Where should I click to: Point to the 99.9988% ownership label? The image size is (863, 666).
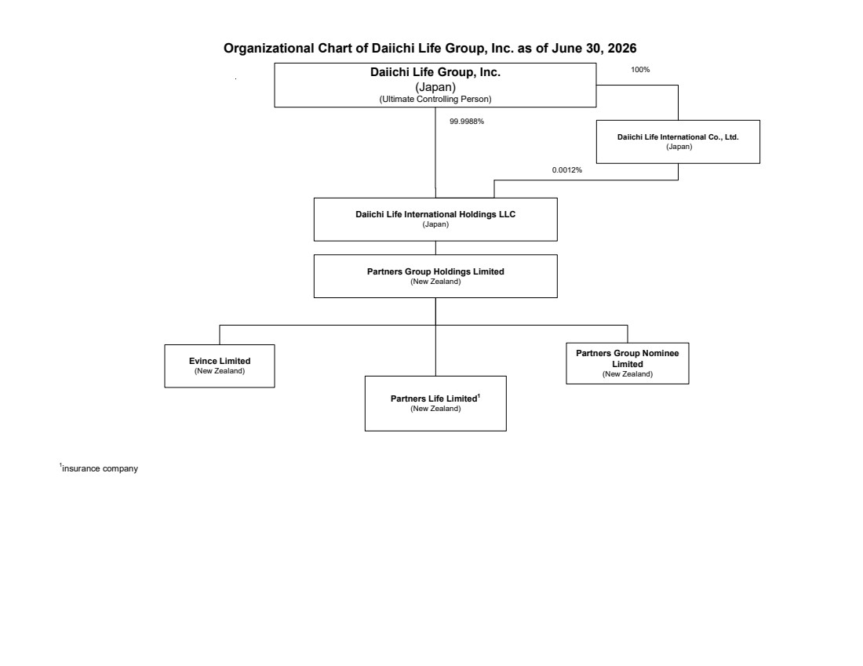pos(467,122)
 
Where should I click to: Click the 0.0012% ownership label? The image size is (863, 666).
pos(567,170)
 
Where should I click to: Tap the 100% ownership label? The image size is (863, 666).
pos(640,70)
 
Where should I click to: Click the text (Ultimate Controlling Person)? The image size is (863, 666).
pos(435,99)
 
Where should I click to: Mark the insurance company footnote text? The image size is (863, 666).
pos(100,468)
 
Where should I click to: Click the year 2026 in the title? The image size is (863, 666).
pos(622,49)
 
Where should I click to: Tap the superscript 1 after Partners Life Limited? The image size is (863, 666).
pos(479,395)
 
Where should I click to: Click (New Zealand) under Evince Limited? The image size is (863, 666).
pos(220,371)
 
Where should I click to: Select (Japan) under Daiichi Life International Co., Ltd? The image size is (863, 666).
pos(679,147)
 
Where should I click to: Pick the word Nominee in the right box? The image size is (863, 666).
pos(661,353)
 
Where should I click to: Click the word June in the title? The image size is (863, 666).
pos(566,49)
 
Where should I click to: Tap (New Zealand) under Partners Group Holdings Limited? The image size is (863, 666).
pos(435,282)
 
